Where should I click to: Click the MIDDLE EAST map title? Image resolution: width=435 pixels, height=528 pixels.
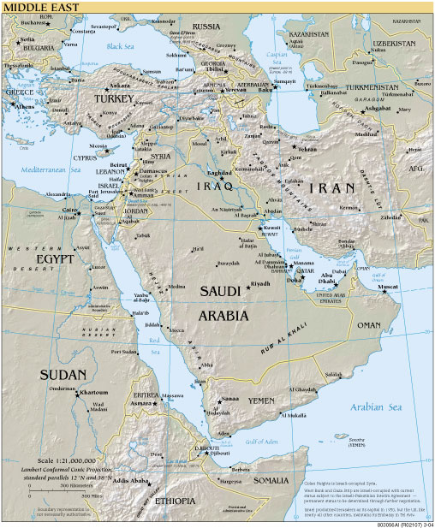coord(33,7)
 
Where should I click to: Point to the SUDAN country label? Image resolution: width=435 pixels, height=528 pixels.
coord(62,374)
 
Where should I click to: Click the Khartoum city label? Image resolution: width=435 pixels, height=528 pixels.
coord(92,393)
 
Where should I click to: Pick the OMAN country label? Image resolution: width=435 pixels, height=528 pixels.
coord(368,325)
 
